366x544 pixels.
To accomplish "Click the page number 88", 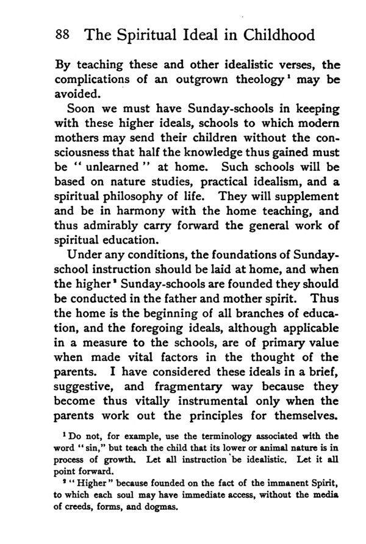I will point(62,34).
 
